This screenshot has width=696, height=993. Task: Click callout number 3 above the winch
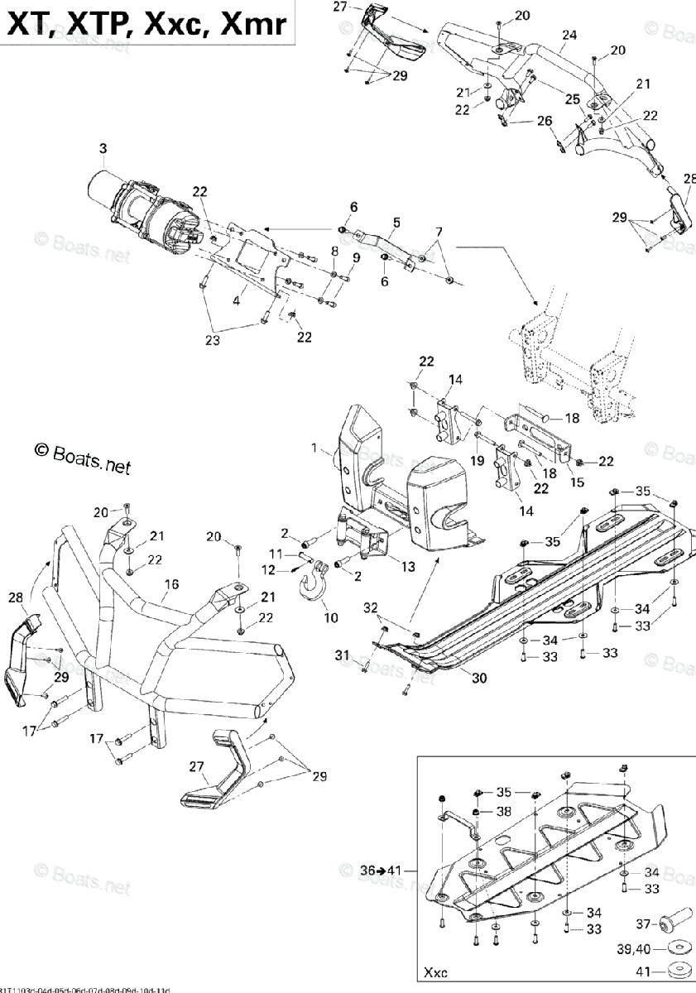pos(103,149)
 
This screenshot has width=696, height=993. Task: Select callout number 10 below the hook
pos(330,617)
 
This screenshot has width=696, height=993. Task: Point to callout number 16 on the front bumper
pos(170,585)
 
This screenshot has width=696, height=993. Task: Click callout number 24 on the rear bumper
pos(569,35)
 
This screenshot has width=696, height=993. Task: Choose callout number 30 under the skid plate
pos(479,677)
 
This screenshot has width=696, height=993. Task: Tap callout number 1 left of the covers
pos(314,448)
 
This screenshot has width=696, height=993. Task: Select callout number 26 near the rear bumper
pos(544,121)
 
